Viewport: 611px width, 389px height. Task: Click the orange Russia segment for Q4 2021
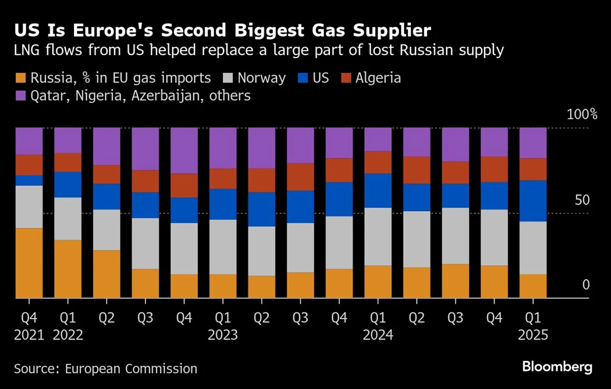tap(29, 263)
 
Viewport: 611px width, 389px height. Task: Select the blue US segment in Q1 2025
tap(532, 201)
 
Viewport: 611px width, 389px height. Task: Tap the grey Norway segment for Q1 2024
tap(378, 236)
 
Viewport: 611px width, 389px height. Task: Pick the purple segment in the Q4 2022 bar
tap(184, 150)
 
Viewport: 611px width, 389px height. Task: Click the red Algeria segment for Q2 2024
tap(416, 170)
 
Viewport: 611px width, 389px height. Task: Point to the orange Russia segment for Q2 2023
tap(261, 287)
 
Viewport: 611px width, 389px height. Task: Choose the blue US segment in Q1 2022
tap(68, 184)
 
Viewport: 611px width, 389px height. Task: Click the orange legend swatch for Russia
tap(21, 78)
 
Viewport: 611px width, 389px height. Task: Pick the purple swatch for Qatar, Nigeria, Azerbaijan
tap(21, 95)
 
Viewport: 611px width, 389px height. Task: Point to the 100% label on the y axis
tap(582, 115)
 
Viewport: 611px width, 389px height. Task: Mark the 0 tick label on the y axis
tap(586, 285)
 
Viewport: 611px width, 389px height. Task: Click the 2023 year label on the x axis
tap(222, 336)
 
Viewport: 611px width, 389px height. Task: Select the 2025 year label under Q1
tap(532, 336)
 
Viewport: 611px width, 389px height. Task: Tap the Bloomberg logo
tap(557, 367)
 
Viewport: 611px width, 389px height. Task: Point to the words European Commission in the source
tap(131, 369)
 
